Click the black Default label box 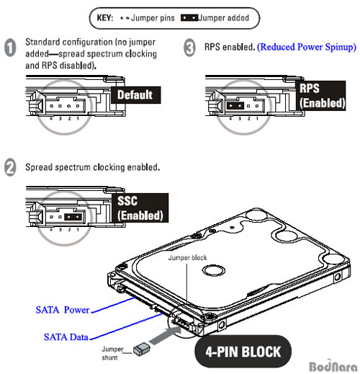coord(136,95)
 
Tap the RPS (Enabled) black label coord(320,96)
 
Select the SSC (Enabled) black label coord(140,208)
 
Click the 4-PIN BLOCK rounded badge coord(243,351)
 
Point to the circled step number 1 coord(10,48)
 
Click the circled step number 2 coord(10,167)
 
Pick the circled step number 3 coord(189,48)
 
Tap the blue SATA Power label coord(63,310)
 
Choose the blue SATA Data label coord(66,337)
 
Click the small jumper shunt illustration coord(142,349)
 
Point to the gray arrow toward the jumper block coord(166,335)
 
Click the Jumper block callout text coord(187,258)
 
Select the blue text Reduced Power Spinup coord(307,47)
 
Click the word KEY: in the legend coord(105,18)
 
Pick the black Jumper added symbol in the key coord(189,18)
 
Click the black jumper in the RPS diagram coord(235,105)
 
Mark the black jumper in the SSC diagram coord(73,217)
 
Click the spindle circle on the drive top coord(214,270)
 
